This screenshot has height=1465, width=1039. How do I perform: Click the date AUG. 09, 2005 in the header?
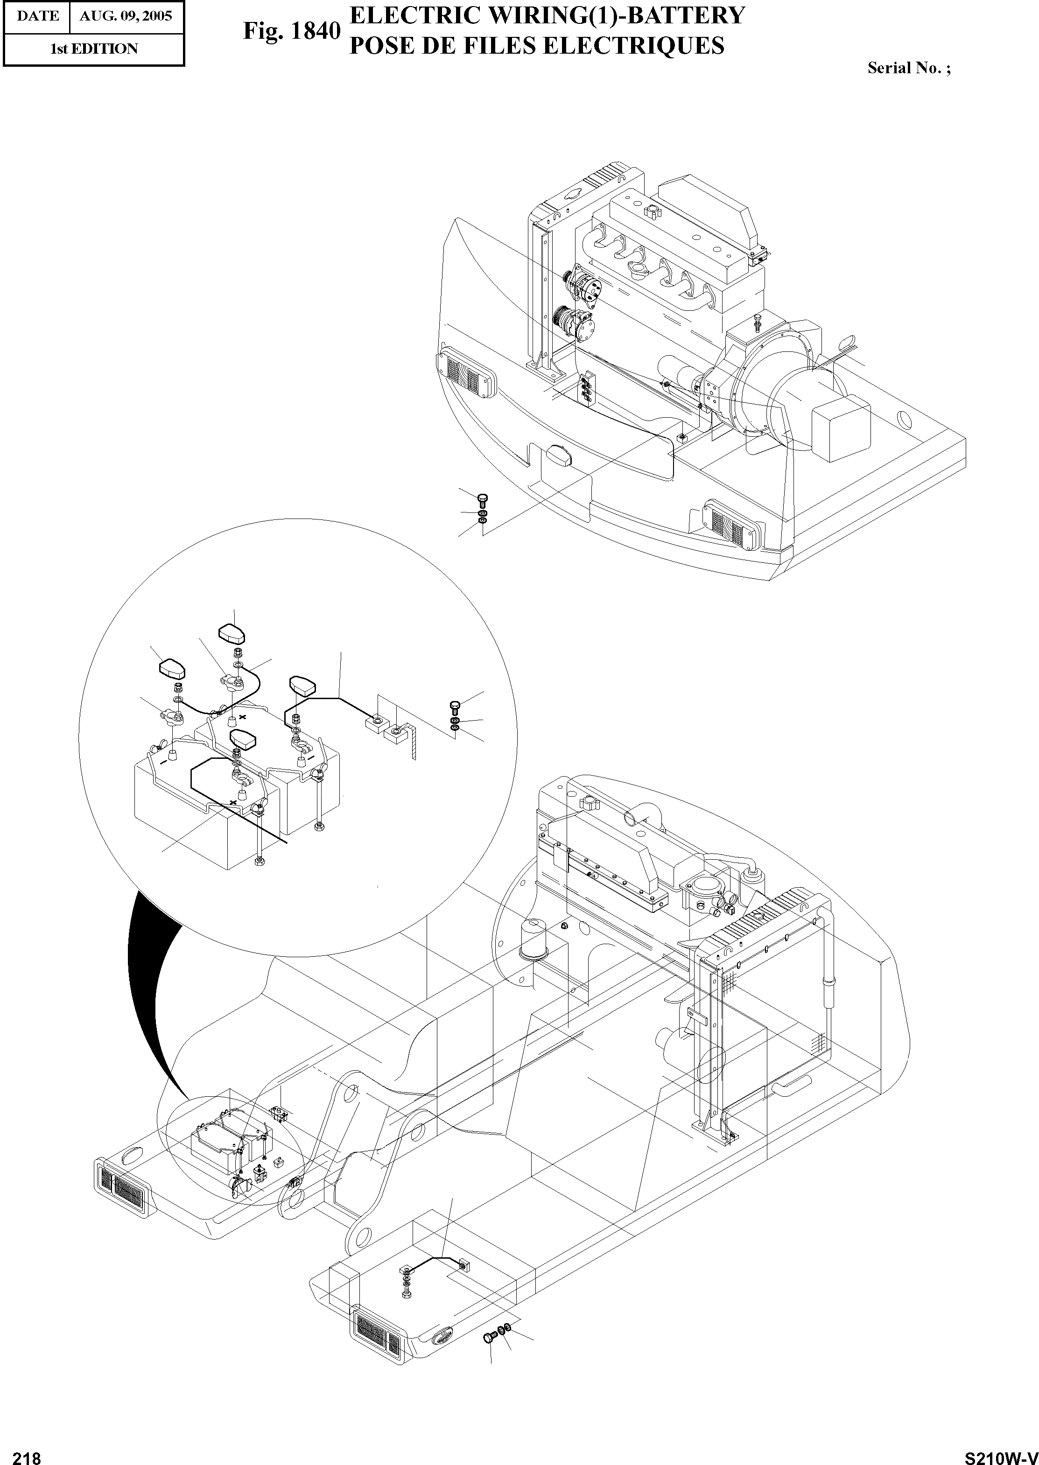[126, 16]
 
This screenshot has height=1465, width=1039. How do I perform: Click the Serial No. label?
[908, 68]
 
